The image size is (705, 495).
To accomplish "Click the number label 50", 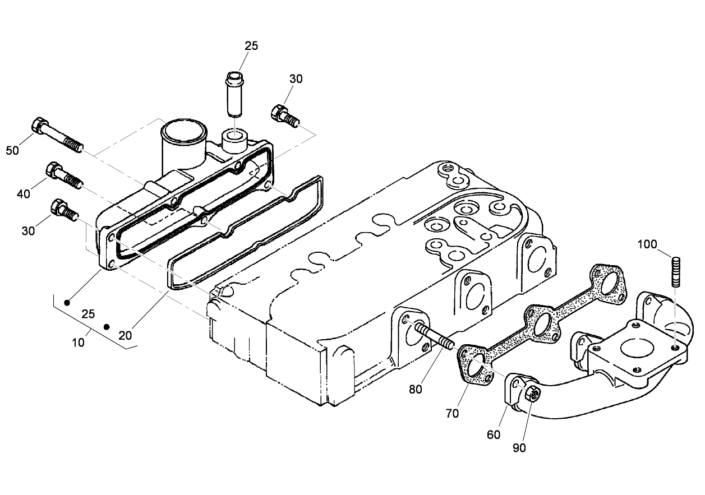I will pyautogui.click(x=12, y=150).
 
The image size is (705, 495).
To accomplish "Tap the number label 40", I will pyautogui.click(x=24, y=193).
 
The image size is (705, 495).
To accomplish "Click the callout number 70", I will pyautogui.click(x=452, y=413).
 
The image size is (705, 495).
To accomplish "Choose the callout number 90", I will pyautogui.click(x=519, y=447).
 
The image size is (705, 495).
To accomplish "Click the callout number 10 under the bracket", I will pyautogui.click(x=79, y=342).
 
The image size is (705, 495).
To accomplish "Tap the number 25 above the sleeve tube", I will pyautogui.click(x=251, y=46).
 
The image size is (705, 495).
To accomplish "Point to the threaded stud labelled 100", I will pyautogui.click(x=676, y=271).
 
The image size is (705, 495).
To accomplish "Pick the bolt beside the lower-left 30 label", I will pyautogui.click(x=63, y=210).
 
